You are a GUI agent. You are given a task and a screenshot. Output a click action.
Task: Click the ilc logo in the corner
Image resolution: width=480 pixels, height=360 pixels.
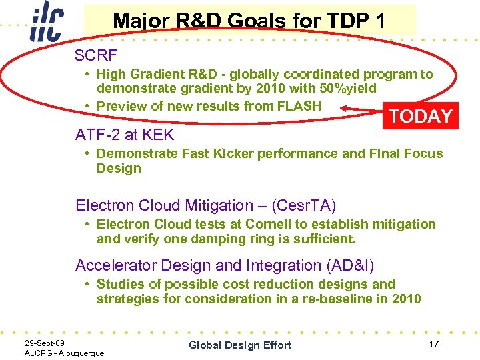47,23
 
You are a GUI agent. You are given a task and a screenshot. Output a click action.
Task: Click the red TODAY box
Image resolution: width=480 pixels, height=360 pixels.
420,116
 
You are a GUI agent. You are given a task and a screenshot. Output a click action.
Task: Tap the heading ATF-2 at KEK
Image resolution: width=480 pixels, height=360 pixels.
125,135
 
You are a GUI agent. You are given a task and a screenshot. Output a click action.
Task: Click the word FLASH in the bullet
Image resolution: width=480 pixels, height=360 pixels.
299,106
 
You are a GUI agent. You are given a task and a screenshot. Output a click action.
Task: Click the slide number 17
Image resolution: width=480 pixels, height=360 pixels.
433,344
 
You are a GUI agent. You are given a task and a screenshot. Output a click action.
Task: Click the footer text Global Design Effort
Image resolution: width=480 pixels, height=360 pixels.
240,345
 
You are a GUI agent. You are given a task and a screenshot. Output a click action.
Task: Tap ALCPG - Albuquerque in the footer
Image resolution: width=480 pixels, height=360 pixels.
64,353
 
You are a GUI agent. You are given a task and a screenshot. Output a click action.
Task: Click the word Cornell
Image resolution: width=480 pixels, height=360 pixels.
270,225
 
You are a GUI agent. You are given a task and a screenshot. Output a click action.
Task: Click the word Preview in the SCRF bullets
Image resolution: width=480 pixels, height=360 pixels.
120,106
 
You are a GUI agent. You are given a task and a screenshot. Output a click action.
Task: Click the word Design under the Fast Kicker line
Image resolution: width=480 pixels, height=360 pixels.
119,168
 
